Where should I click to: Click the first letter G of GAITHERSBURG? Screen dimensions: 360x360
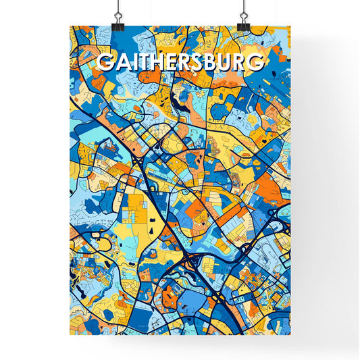(105, 63)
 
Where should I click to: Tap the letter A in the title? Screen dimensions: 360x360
(121, 63)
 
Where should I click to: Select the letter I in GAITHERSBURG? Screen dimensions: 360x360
(132, 63)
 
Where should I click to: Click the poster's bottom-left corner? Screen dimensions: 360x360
(71, 334)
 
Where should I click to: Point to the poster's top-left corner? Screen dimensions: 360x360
(71, 26)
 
